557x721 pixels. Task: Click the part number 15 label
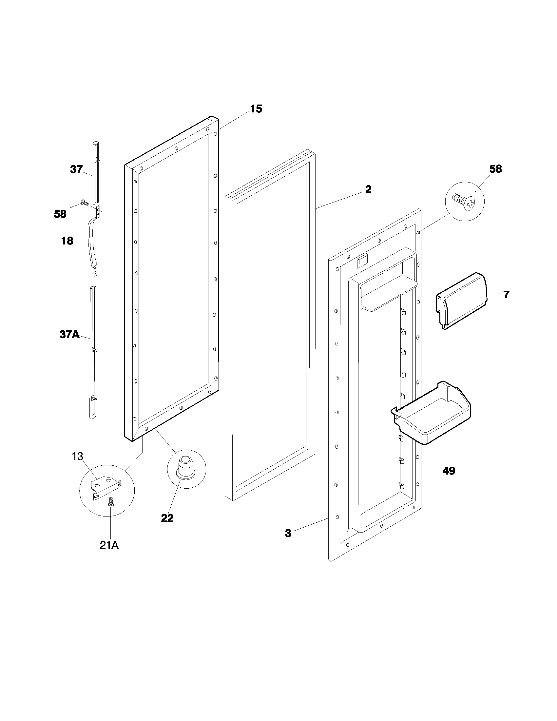pos(256,108)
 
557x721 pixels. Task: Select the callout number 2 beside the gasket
pos(368,189)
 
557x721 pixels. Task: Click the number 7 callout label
pos(506,294)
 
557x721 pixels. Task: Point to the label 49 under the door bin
pos(449,471)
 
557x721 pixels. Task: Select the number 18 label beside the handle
pos(67,241)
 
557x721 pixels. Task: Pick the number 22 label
pos(167,518)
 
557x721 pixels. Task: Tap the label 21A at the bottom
pos(109,545)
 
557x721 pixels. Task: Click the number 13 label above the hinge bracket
pos(78,457)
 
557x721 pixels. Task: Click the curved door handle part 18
pos(91,243)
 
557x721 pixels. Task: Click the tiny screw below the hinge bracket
pos(111,503)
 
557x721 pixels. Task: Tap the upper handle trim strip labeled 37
pos(95,172)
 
